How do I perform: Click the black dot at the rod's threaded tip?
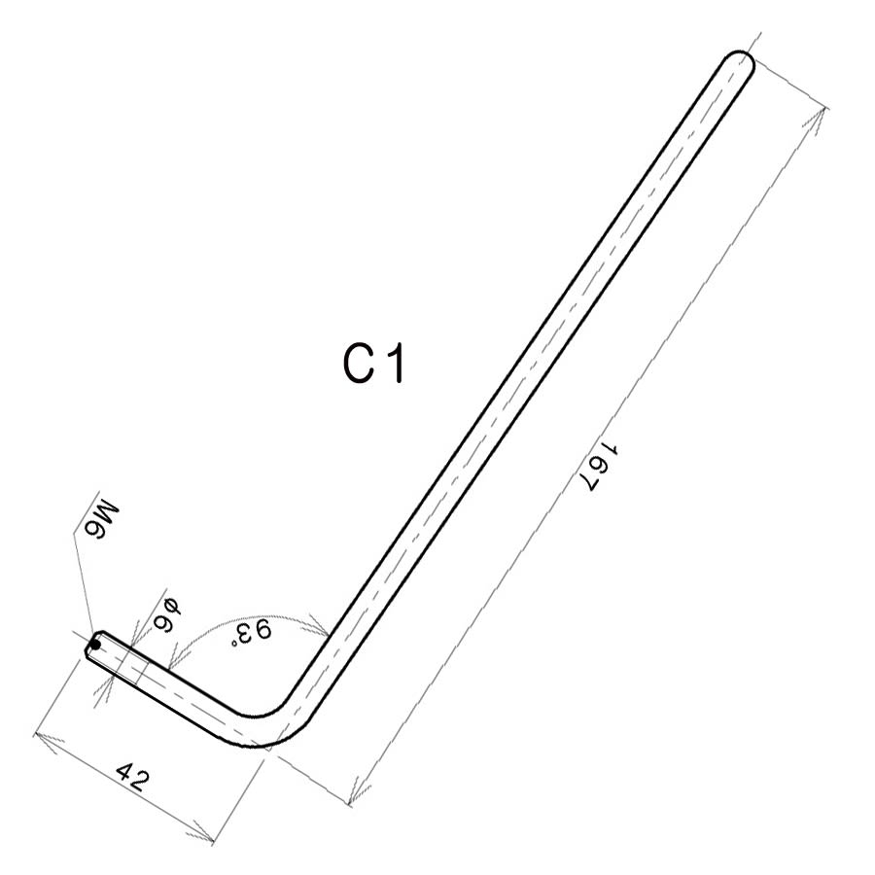[95, 645]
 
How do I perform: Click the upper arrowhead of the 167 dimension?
[820, 118]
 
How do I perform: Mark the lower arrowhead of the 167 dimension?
[356, 792]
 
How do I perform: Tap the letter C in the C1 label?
[357, 365]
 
